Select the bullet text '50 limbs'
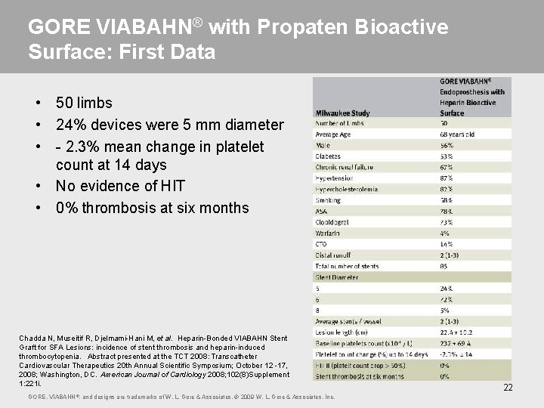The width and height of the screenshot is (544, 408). coord(84,103)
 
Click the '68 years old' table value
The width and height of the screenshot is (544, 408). coord(459,134)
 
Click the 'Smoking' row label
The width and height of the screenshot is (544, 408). coord(328,200)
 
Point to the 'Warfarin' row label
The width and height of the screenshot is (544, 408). coord(329,233)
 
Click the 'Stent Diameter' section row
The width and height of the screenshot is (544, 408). coord(338,277)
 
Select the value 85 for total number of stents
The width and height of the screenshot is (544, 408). coord(444,266)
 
